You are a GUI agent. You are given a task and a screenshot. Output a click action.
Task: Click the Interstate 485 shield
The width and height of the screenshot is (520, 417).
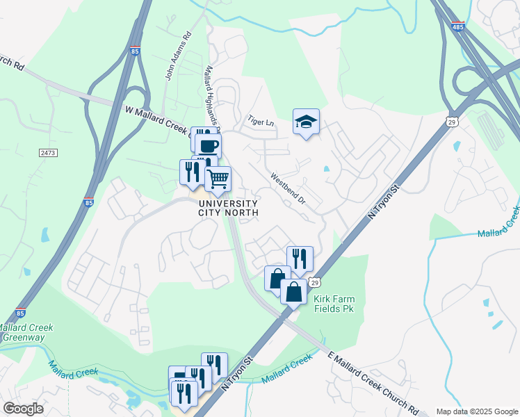457,26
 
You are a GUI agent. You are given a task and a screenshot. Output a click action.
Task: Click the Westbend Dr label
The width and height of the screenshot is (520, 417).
288,188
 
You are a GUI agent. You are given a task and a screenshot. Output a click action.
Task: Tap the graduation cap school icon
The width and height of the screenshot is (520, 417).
306,122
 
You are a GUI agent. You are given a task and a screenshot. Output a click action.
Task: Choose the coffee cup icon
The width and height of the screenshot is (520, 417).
208,146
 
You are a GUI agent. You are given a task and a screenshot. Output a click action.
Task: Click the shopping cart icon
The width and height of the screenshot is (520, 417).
218,179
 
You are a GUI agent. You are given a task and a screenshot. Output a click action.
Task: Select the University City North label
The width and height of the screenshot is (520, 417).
228,208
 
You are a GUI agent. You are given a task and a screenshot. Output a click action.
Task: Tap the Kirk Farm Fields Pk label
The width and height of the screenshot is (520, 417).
334,304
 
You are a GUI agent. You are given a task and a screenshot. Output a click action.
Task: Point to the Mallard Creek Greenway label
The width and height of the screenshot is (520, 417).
25,332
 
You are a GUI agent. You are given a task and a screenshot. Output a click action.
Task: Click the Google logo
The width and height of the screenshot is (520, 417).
23,409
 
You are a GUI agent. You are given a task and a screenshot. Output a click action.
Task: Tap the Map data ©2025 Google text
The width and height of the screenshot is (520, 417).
476,411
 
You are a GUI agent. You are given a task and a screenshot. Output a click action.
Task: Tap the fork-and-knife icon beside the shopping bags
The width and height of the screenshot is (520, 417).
300,259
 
